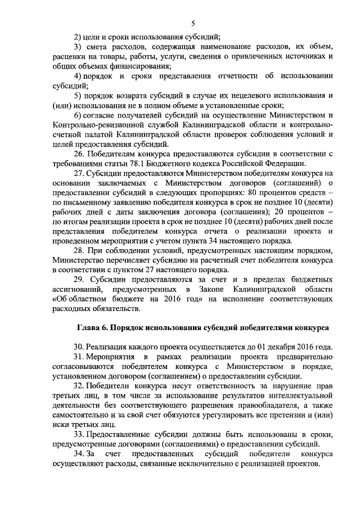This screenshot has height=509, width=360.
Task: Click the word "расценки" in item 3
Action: pyautogui.click(x=69, y=57)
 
